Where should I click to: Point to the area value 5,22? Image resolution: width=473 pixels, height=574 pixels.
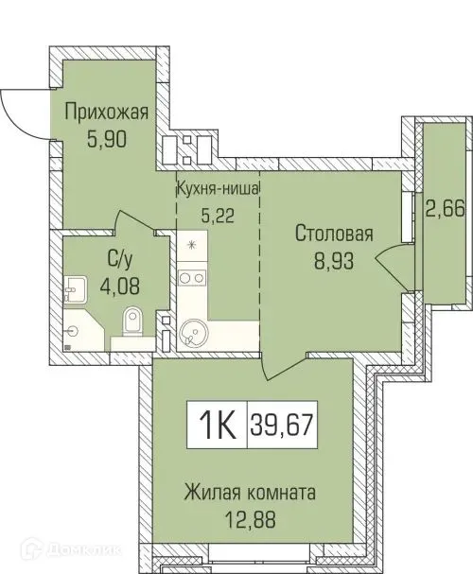pos(219,213)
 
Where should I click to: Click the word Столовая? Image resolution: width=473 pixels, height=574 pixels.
pos(334,234)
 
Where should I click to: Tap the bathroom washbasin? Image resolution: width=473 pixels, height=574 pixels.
pos(75,288)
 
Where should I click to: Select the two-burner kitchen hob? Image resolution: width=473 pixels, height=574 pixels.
pos(193,278)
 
